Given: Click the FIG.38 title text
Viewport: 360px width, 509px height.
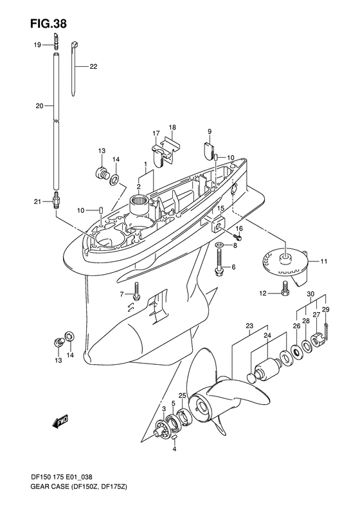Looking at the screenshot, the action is click(x=49, y=23).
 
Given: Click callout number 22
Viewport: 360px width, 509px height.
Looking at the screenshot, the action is click(x=93, y=67).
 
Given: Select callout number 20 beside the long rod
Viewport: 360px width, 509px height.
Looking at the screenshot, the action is click(x=40, y=106).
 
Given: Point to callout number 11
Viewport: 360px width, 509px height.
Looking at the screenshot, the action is click(x=323, y=261).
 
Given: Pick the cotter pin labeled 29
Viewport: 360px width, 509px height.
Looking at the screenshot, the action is click(x=326, y=332).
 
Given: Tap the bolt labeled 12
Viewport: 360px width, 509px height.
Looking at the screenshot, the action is click(x=284, y=288).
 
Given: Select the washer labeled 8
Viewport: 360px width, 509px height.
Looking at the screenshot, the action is click(x=219, y=245).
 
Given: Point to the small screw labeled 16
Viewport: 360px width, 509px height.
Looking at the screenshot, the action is click(x=238, y=237).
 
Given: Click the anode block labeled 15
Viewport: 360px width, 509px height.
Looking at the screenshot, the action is click(x=218, y=225).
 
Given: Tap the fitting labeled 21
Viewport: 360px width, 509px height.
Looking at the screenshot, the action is click(x=55, y=202).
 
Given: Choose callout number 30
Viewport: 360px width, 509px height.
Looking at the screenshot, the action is click(x=310, y=294).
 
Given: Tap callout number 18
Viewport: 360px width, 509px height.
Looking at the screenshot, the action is click(x=172, y=127).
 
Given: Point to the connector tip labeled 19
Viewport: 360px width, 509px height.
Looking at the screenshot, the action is click(x=56, y=40).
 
